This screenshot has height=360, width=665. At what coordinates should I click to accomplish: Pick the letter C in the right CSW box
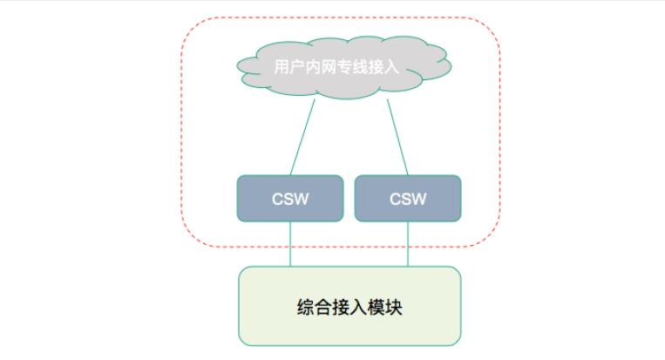click(395, 200)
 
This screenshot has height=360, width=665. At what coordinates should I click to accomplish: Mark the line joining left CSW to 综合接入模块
click(290, 243)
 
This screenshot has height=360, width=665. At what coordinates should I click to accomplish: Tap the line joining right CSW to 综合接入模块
click(408, 243)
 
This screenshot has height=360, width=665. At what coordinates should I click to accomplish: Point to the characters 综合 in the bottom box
click(310, 308)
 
